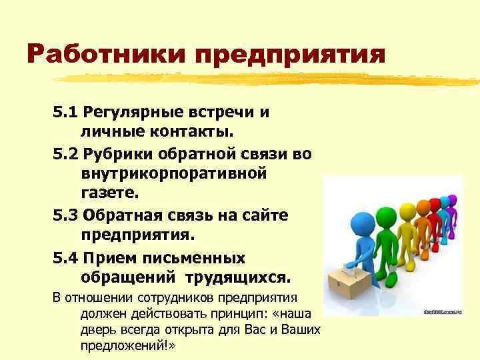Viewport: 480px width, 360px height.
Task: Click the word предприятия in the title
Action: [290, 55]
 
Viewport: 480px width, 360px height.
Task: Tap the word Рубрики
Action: [117, 154]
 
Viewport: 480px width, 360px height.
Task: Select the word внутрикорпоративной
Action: [174, 174]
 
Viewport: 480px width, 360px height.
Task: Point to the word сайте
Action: [265, 216]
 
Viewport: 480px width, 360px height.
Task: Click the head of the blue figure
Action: [363, 221]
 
